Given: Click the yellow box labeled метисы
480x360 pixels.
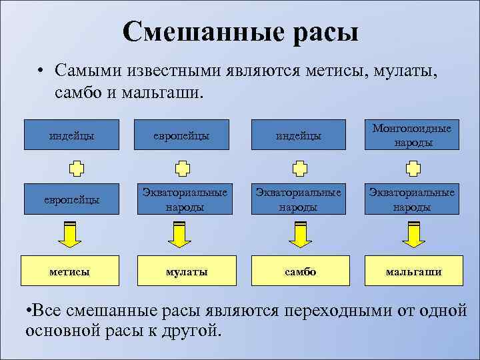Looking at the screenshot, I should [71, 272].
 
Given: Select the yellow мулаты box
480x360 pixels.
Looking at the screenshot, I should [186, 272].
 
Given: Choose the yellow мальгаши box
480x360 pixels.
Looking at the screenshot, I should [413, 272].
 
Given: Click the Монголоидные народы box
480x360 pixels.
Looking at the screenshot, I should [413, 135].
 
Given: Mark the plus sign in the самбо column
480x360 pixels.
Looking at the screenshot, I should [299, 167].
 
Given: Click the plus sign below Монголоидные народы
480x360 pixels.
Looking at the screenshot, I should [413, 167].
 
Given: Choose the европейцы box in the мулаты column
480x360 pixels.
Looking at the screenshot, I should [186, 135].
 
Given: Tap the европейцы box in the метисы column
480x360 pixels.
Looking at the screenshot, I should [71, 199].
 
